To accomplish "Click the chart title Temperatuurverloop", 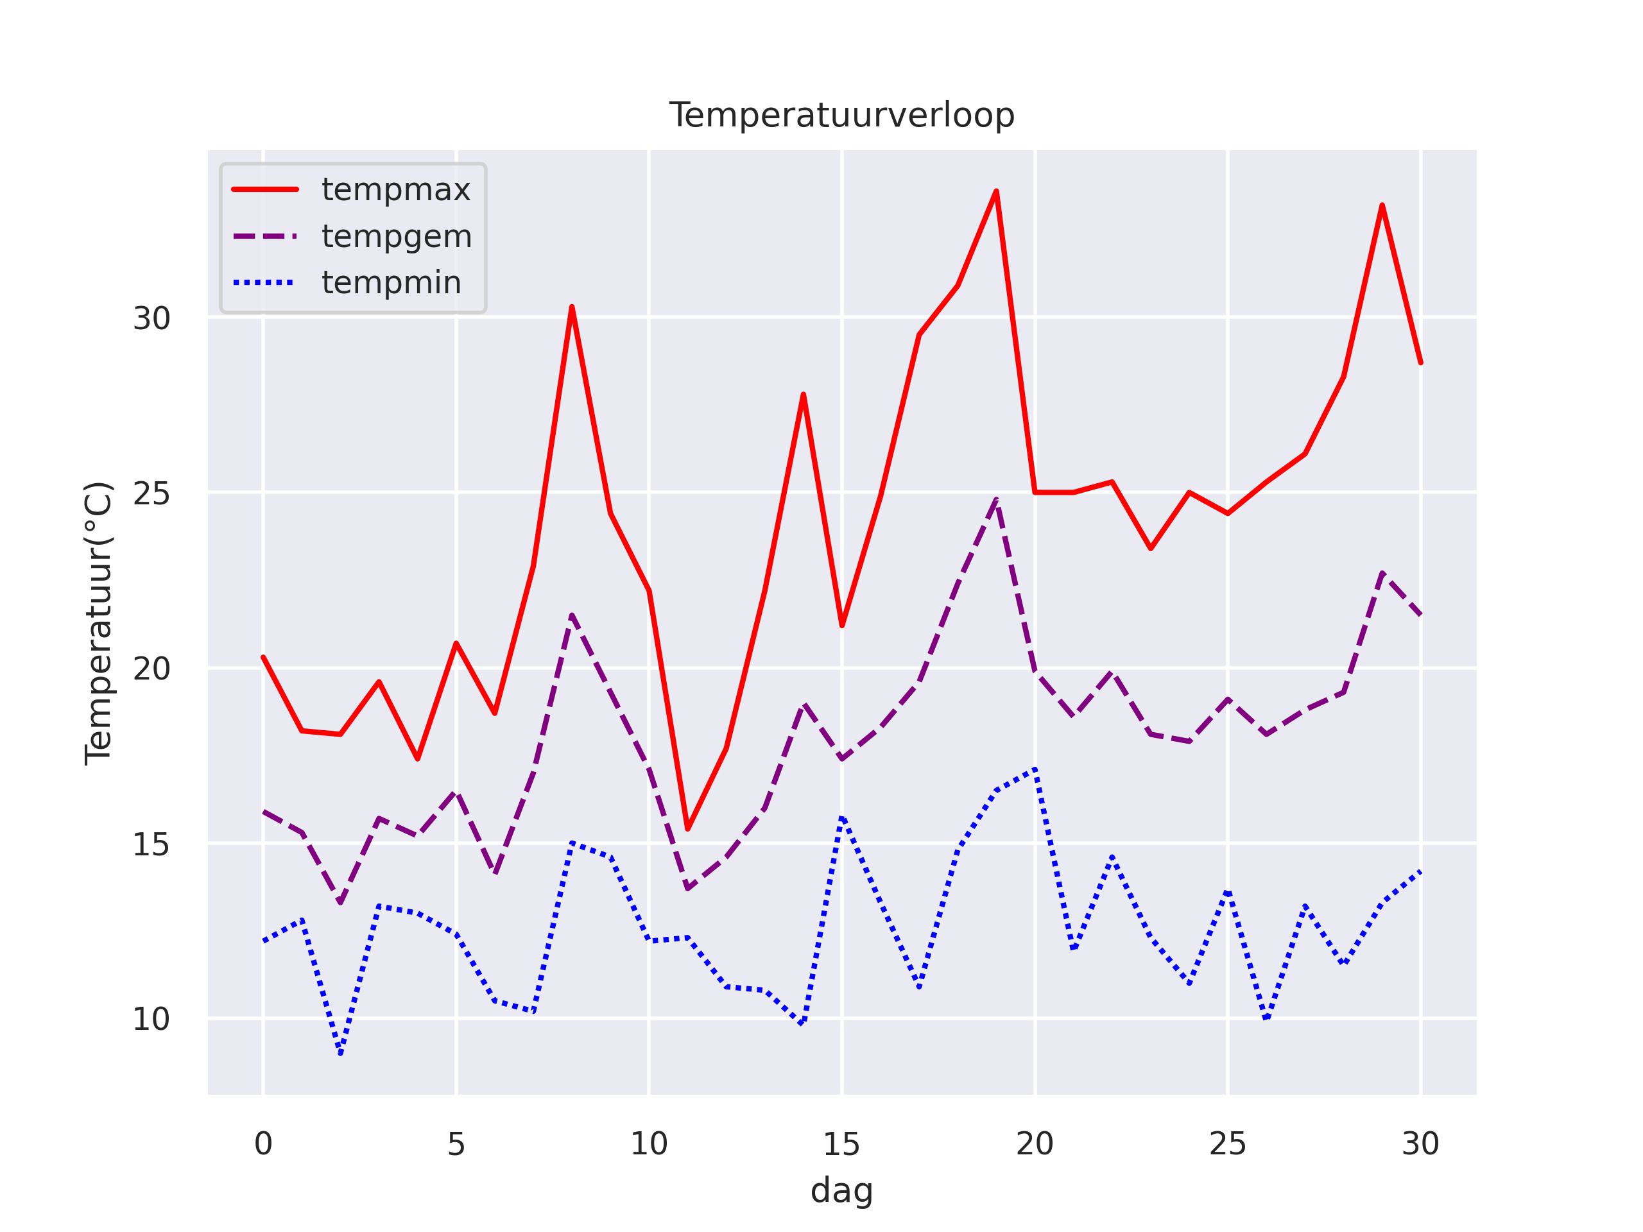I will tap(841, 116).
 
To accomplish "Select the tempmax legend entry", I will tap(396, 190).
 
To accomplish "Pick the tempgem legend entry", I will tap(397, 236).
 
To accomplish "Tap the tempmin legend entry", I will tap(391, 283).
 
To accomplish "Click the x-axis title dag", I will tap(841, 1190).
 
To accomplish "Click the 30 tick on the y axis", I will tap(151, 318).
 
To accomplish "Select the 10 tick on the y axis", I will tap(151, 1020).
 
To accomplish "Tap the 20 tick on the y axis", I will tap(151, 669).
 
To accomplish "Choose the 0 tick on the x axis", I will tap(263, 1144).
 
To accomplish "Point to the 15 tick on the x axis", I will tap(841, 1144).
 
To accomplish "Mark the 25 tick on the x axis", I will tap(1228, 1144).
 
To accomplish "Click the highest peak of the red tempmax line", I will tap(996, 192).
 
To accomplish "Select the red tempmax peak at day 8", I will tap(572, 307).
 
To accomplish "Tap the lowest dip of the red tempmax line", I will tap(688, 829).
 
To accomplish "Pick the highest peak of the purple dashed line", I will tap(996, 500).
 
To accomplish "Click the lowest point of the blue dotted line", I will tap(340, 1054).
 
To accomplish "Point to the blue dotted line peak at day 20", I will tap(1035, 769).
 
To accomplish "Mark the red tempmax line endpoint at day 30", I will tap(1420, 363).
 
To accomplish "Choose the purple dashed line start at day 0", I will tap(264, 812).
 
